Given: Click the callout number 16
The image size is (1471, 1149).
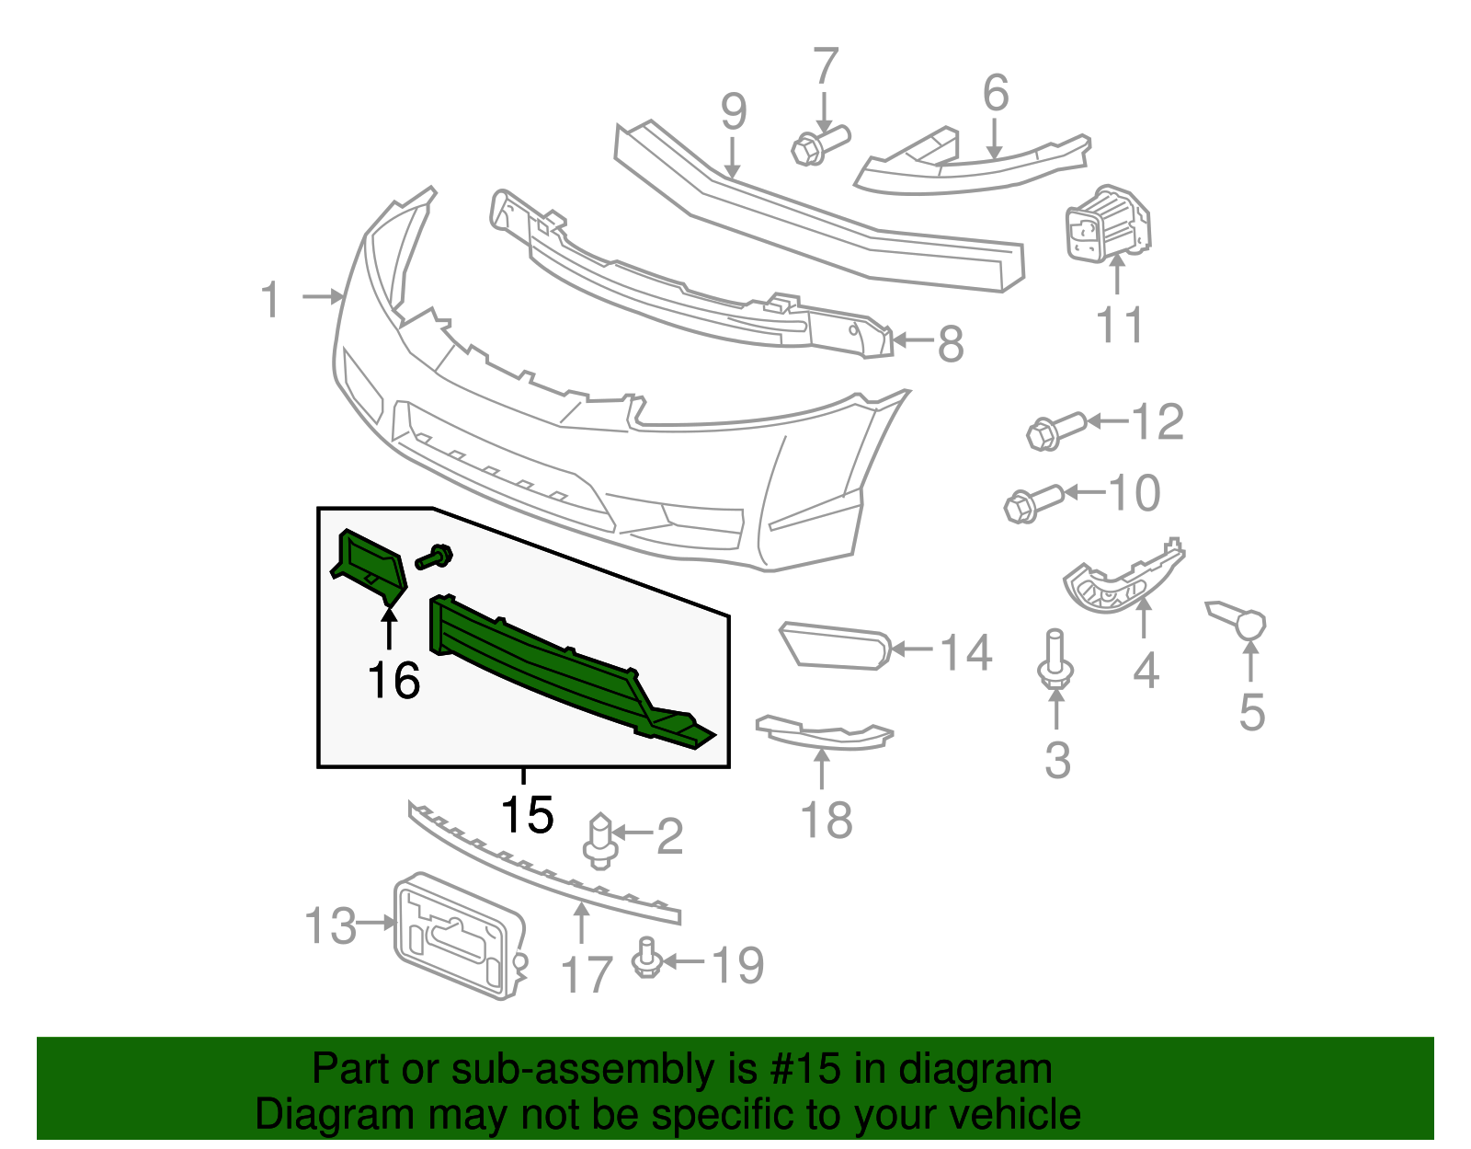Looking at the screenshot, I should pyautogui.click(x=393, y=681).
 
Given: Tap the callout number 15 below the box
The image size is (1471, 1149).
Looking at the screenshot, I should pyautogui.click(x=527, y=814).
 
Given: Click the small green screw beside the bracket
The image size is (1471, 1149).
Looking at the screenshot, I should pyautogui.click(x=435, y=557).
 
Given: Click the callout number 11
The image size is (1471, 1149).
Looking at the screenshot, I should pyautogui.click(x=1120, y=326).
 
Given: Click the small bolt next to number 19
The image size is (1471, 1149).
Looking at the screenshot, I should pyautogui.click(x=646, y=959).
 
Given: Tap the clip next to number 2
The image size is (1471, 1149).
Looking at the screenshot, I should pyautogui.click(x=599, y=841).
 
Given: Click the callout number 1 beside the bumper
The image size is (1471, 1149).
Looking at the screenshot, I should pyautogui.click(x=270, y=300).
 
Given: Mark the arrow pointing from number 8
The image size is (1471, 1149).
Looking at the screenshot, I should pyautogui.click(x=913, y=340).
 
